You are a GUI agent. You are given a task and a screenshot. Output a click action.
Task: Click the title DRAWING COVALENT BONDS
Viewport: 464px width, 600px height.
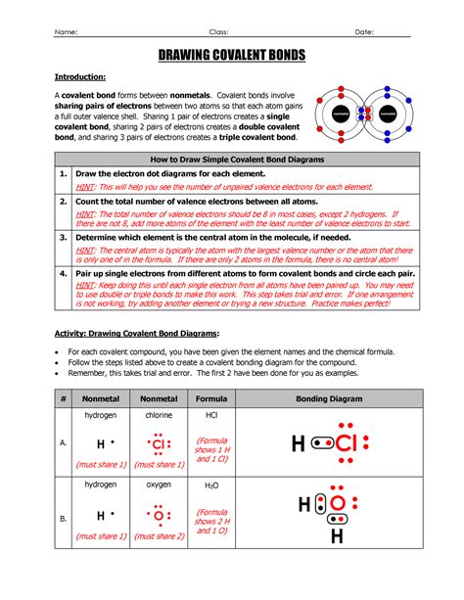click(231, 57)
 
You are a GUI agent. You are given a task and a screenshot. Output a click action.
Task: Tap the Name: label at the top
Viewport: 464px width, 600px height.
click(66, 31)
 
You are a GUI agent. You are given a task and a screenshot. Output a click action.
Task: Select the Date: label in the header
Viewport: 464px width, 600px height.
click(364, 31)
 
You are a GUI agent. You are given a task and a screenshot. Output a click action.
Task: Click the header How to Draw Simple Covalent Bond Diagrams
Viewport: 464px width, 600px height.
click(238, 158)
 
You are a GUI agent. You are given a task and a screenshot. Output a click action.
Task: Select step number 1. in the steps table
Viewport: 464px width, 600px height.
click(62, 174)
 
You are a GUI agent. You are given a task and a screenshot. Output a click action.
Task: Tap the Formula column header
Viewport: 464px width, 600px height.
click(211, 399)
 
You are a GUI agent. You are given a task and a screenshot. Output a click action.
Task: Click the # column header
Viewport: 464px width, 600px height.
click(63, 399)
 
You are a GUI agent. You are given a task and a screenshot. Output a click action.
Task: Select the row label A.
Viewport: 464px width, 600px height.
click(63, 443)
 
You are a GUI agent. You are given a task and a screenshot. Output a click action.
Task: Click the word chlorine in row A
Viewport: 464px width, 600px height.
click(159, 416)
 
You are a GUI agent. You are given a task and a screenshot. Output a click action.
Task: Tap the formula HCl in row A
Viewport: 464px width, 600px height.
click(211, 416)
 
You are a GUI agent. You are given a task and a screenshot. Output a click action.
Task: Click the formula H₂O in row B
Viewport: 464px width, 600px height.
click(211, 485)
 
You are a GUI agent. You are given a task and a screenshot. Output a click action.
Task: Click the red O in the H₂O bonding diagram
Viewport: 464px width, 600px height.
click(338, 506)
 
